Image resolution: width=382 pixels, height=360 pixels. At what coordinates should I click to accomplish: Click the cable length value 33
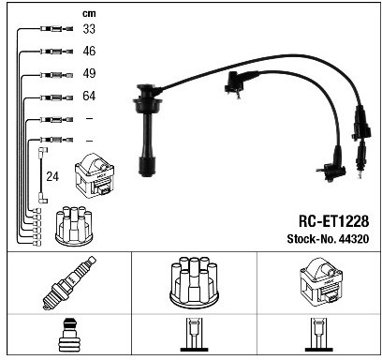coord(89,29)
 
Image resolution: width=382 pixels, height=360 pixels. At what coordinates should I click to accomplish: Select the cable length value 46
coord(89,51)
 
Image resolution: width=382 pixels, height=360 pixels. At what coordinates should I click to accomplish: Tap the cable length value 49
coord(89,73)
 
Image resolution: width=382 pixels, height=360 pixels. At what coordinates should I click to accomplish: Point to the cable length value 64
coord(89,96)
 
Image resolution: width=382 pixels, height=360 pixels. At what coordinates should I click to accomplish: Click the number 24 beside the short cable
coord(52,176)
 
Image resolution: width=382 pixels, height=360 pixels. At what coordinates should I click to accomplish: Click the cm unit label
coord(89,14)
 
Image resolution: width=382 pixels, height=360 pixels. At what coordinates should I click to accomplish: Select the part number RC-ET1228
coord(333,221)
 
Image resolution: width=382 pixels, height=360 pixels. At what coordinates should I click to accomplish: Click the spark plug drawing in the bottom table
coord(69,283)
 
